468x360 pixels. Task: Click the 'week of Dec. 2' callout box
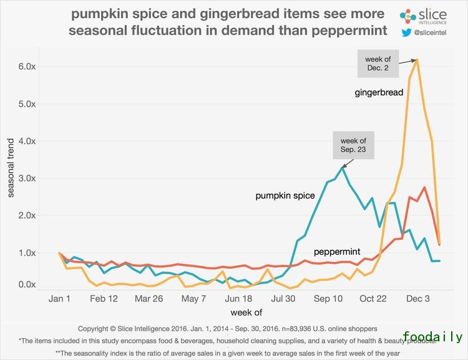click(x=378, y=64)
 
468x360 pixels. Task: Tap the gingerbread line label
click(x=379, y=92)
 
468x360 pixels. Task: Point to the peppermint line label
click(x=338, y=252)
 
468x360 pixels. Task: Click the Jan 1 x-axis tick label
click(x=60, y=299)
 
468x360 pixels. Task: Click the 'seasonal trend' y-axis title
click(x=11, y=168)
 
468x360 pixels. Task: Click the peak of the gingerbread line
click(x=417, y=59)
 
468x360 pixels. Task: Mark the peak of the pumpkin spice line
click(x=343, y=167)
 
